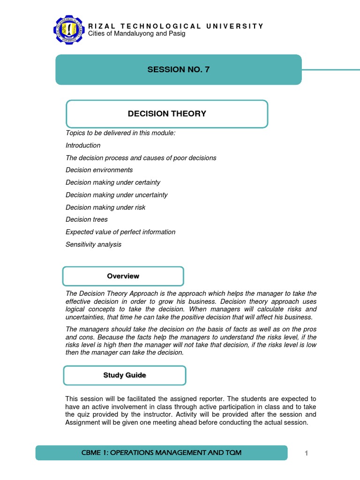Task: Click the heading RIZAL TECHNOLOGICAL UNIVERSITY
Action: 176,26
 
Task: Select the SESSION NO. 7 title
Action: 179,69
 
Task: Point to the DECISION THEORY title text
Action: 167,113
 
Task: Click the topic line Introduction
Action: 83,145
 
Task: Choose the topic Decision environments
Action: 99,170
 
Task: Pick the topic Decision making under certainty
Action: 113,182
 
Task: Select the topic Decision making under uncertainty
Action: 116,195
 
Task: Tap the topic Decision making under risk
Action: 105,207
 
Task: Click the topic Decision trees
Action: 87,219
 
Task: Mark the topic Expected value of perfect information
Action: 120,232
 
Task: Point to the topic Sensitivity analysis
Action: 93,244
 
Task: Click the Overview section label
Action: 123,276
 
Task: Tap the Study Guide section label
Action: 124,375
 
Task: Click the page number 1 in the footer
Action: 306,453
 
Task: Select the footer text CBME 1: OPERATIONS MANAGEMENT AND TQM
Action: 161,452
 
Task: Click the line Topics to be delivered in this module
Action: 120,133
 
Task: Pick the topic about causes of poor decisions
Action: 141,158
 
